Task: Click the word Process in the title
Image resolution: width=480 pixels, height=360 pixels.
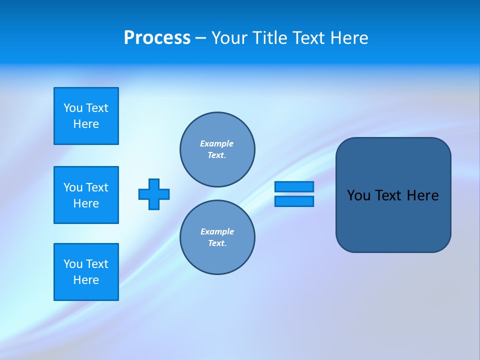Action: pyautogui.click(x=157, y=38)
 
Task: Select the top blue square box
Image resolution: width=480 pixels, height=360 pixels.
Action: pyautogui.click(x=86, y=116)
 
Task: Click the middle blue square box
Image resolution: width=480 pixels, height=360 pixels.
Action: pyautogui.click(x=86, y=195)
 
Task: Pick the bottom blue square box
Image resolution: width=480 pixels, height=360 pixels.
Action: pyautogui.click(x=86, y=272)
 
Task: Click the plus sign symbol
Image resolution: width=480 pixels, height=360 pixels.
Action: pyautogui.click(x=154, y=194)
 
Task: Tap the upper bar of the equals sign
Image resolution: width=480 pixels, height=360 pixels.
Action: pyautogui.click(x=294, y=186)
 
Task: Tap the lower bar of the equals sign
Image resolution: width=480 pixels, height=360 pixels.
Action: pyautogui.click(x=294, y=201)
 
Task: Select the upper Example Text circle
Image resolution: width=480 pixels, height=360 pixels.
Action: pyautogui.click(x=217, y=149)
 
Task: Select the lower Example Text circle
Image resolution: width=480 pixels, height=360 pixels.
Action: pyautogui.click(x=217, y=237)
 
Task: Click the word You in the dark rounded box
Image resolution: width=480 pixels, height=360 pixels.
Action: pyautogui.click(x=358, y=195)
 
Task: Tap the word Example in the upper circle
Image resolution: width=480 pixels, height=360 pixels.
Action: pyautogui.click(x=216, y=143)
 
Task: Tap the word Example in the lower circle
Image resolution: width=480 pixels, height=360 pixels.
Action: pyautogui.click(x=217, y=231)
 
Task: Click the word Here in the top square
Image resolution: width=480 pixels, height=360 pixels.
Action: pyautogui.click(x=86, y=124)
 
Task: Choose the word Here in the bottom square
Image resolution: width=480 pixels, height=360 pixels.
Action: pyautogui.click(x=86, y=280)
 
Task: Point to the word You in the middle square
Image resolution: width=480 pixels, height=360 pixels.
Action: pyautogui.click(x=73, y=187)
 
